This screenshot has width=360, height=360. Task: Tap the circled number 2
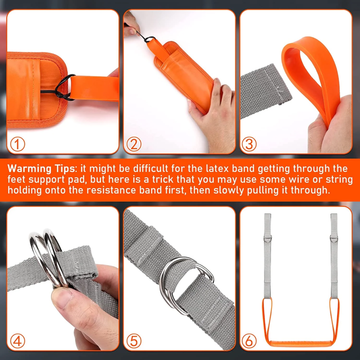tap(134, 144)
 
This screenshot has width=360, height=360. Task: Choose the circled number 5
tap(134, 341)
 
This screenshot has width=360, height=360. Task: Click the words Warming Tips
tap(41, 169)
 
